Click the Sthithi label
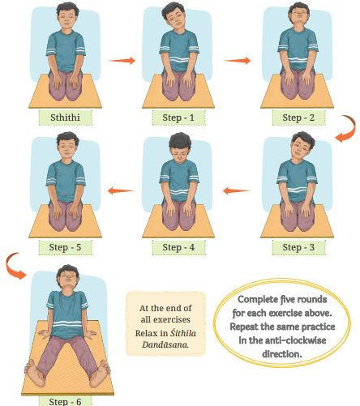point(65,118)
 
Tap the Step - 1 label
point(178,118)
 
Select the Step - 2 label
point(298,118)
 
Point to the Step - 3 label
point(298,247)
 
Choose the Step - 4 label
point(178,247)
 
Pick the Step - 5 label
point(65,247)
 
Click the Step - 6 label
point(65,401)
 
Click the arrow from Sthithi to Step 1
point(122,61)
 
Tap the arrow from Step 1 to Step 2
point(237,61)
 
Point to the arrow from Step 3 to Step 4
point(237,190)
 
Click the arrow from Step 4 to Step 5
point(121,190)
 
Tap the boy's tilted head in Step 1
point(174,18)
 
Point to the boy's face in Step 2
point(298,17)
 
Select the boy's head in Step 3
point(302,147)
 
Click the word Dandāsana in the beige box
point(165,344)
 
